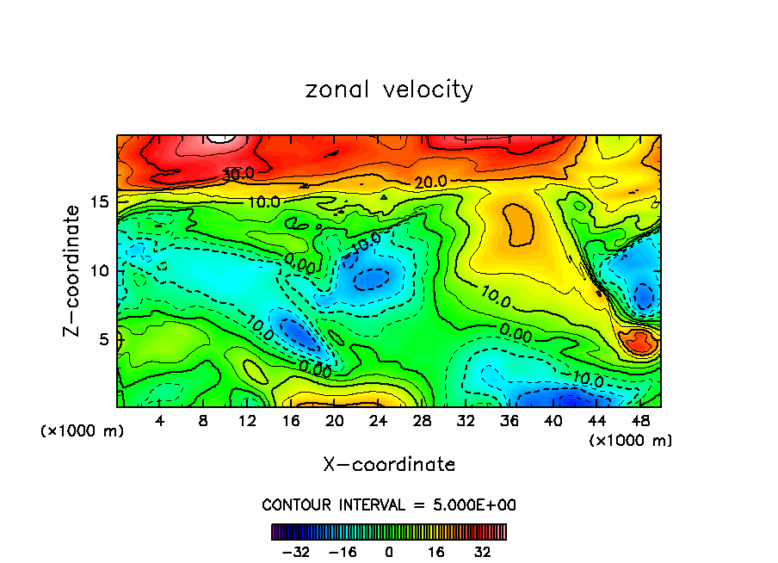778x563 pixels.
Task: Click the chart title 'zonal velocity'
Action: tap(389, 90)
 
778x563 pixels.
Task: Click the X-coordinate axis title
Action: tap(389, 464)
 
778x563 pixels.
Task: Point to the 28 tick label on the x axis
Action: tap(422, 421)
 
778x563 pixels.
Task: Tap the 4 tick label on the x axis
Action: tap(160, 421)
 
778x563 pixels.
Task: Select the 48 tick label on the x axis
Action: tap(640, 421)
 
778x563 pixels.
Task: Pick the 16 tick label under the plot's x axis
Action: tap(291, 421)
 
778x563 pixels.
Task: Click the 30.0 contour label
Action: tap(238, 174)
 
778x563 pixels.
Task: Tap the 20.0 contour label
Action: tap(429, 182)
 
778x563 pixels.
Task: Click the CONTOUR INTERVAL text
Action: tap(389, 504)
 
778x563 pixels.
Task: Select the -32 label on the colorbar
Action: tap(295, 551)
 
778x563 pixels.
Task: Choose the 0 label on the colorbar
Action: tap(389, 551)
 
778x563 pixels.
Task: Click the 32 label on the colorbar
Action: tap(482, 551)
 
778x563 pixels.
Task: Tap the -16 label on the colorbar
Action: tap(342, 551)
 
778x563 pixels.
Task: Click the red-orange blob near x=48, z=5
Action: tap(641, 342)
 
